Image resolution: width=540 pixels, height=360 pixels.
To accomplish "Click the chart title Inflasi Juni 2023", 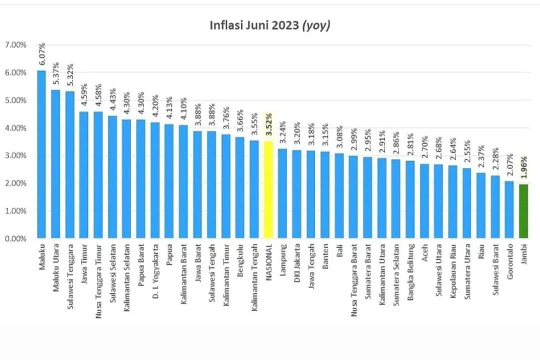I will [x=270, y=26].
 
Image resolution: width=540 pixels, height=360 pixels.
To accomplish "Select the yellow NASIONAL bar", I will [x=268, y=190].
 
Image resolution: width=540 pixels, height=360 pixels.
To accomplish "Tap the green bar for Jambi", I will [x=523, y=211].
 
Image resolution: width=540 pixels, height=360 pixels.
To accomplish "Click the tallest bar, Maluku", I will [x=42, y=155].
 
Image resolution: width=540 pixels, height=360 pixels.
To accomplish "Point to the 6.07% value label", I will [x=42, y=53].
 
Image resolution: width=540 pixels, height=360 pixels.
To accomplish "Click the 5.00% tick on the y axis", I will [x=15, y=100].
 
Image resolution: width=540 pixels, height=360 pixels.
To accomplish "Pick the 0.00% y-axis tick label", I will [x=15, y=238].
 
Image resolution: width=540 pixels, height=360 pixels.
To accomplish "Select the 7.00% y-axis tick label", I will [x=15, y=45].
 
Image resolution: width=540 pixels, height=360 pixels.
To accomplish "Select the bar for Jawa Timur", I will [x=84, y=175].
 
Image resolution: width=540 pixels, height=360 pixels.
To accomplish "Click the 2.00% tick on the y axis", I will [x=15, y=183].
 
